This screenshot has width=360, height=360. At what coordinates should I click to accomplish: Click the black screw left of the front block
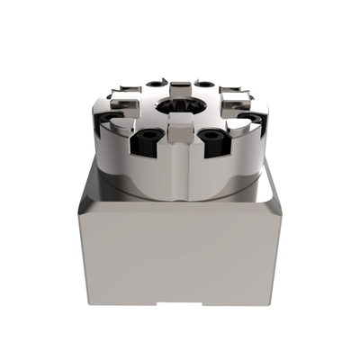pyautogui.click(x=147, y=139)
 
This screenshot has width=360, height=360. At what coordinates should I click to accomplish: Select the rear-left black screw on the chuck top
pyautogui.click(x=150, y=85)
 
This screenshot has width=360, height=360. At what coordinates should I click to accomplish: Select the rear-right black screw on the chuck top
pyautogui.click(x=206, y=84)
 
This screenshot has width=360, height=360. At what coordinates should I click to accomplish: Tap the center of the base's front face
pyautogui.click(x=180, y=256)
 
